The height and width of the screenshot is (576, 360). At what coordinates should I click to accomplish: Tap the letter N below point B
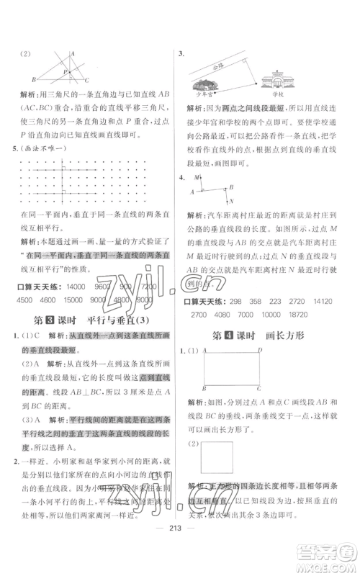(x=231, y=228)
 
